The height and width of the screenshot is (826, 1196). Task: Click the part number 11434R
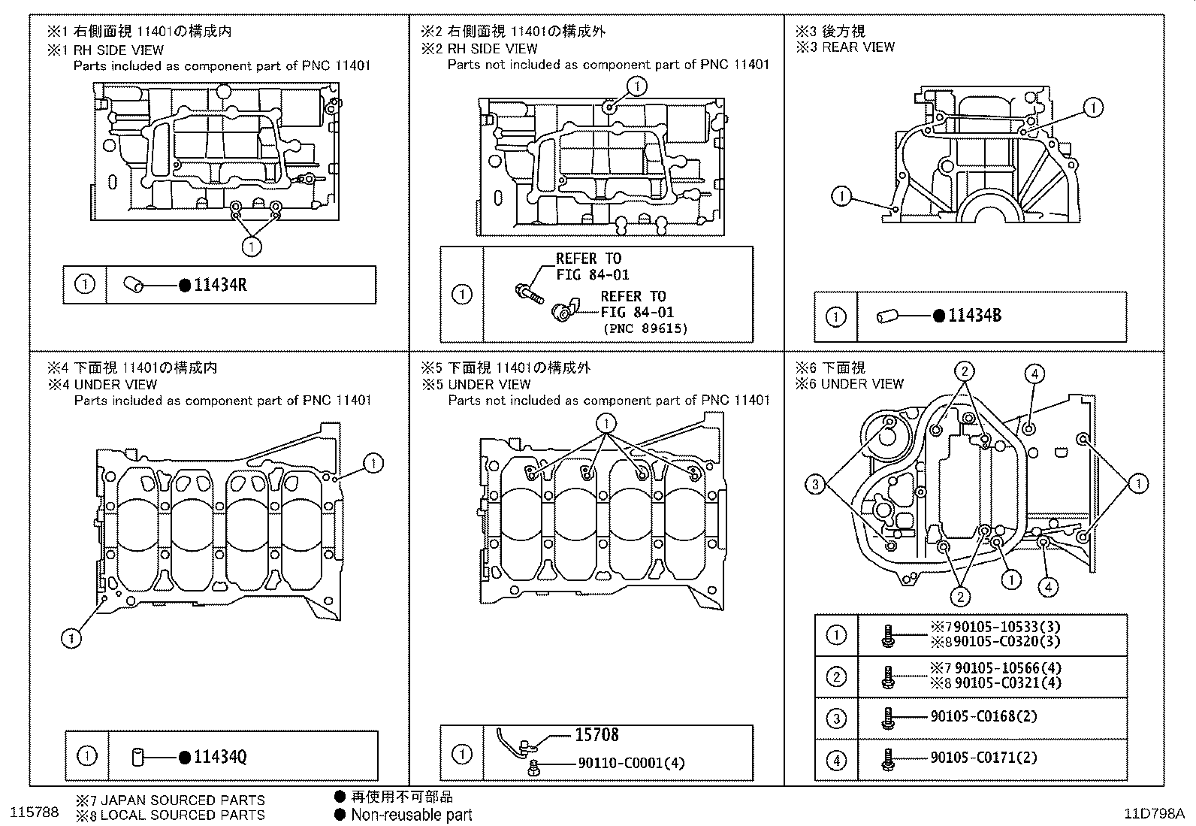pyautogui.click(x=220, y=285)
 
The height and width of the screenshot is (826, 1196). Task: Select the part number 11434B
pyautogui.click(x=974, y=316)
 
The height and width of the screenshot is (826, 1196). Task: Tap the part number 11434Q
pyautogui.click(x=220, y=756)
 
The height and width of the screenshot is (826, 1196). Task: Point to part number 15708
pyautogui.click(x=596, y=734)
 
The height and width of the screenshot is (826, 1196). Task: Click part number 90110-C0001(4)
pyautogui.click(x=631, y=763)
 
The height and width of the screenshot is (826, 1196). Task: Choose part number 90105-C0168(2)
pyautogui.click(x=983, y=716)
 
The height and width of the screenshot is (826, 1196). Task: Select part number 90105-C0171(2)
pyautogui.click(x=983, y=757)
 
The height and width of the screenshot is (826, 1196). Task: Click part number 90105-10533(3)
pyautogui.click(x=996, y=626)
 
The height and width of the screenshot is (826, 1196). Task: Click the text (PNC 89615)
pyautogui.click(x=645, y=328)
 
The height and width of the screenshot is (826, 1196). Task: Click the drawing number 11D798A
pyautogui.click(x=1154, y=813)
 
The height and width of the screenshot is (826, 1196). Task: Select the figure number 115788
pyautogui.click(x=34, y=813)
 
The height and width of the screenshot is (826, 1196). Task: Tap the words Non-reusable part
pyautogui.click(x=412, y=814)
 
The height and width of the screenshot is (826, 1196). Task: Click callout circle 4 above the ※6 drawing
pyautogui.click(x=1034, y=374)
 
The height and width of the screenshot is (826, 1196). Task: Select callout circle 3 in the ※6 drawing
pyautogui.click(x=815, y=485)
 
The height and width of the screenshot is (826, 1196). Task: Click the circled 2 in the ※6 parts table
pyautogui.click(x=836, y=676)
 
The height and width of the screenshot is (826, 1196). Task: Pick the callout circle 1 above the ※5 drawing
pyautogui.click(x=606, y=423)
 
